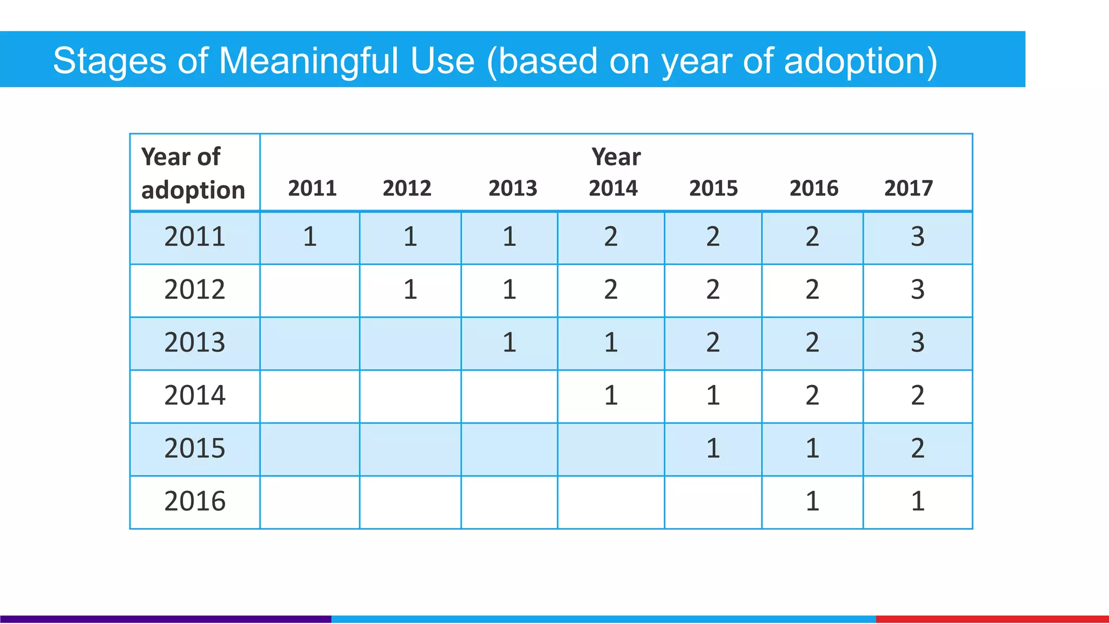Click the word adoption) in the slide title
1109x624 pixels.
[x=860, y=61]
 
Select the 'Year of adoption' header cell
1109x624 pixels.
[x=193, y=173]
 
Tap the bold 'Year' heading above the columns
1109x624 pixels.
[x=616, y=157]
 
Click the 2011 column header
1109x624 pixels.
[x=312, y=188]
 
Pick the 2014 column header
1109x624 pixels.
[x=613, y=188]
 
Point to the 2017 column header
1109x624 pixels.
[x=908, y=188]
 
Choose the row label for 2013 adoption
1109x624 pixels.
[x=194, y=343]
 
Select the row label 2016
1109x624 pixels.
[x=194, y=502]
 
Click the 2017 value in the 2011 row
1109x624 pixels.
[x=917, y=237]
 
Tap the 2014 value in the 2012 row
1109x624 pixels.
[x=611, y=290]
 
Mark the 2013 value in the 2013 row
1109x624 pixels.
[x=509, y=343]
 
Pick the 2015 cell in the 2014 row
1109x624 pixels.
[x=713, y=395]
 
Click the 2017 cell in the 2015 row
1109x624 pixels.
[x=917, y=448]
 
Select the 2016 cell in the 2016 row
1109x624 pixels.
[x=812, y=502]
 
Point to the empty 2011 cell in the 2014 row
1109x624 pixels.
[x=310, y=396]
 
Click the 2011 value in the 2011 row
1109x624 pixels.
[x=310, y=237]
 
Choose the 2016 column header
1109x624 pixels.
[x=813, y=188]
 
